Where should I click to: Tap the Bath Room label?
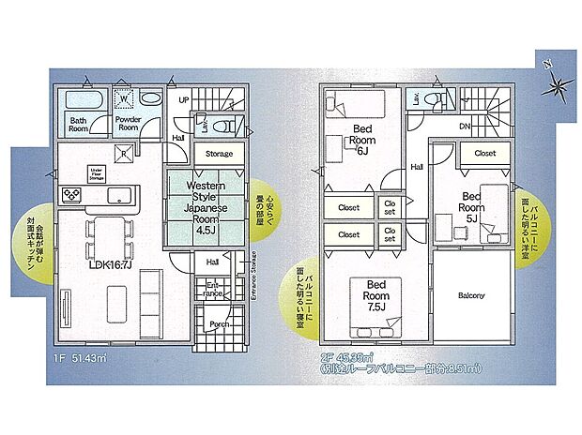77,123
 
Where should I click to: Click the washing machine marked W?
123,98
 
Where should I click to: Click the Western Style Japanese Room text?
207,202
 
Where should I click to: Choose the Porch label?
219,325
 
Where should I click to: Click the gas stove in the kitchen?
72,194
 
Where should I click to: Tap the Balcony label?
472,297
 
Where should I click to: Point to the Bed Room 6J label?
365,138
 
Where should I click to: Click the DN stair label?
464,127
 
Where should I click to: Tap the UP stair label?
184,99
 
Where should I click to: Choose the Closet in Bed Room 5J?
484,153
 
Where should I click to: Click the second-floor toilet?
434,100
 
